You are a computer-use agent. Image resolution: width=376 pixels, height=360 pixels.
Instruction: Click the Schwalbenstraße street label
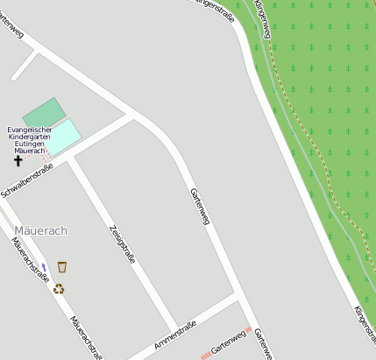(27, 180)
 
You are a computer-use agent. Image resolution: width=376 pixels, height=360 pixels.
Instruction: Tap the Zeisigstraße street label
(122, 244)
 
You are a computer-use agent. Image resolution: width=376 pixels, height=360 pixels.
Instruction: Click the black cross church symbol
(18, 160)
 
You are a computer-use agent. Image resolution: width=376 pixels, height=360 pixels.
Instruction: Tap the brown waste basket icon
(62, 266)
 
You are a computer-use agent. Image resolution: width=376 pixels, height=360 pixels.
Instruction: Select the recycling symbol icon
(59, 288)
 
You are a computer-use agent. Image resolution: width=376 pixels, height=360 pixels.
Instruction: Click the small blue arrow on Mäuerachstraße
(44, 266)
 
